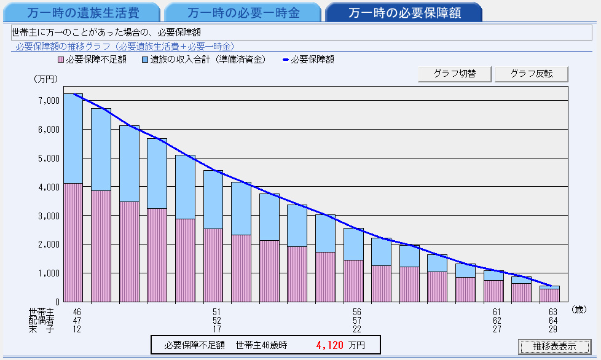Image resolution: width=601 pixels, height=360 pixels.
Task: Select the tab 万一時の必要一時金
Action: tap(243, 12)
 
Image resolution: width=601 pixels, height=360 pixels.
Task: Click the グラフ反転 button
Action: tap(532, 74)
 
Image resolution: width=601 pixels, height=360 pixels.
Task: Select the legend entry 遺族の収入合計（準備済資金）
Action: tap(203, 60)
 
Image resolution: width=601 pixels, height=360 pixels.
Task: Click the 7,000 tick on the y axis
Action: tap(47, 100)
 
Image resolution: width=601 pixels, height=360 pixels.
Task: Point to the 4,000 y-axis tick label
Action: tap(47, 187)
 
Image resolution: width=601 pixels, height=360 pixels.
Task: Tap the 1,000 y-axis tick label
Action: tap(47, 273)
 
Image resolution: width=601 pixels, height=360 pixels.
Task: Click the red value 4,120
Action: tap(329, 345)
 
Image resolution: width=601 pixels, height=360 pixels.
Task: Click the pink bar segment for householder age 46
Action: tap(73, 242)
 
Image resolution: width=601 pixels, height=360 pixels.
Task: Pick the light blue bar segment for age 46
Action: tap(73, 138)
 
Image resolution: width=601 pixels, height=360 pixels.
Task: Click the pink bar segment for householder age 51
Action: tap(213, 265)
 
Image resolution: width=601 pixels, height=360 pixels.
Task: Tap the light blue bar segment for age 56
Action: tap(353, 244)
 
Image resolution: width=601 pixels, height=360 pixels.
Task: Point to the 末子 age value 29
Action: tap(552, 329)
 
